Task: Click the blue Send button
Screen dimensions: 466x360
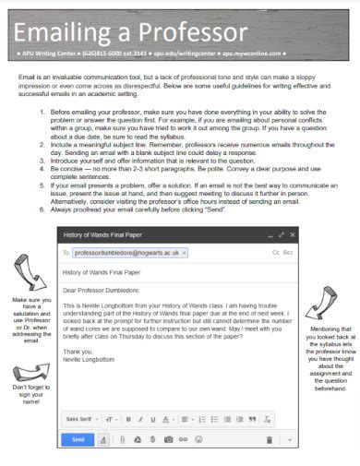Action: pos(78,439)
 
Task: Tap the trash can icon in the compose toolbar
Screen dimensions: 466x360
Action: pos(269,440)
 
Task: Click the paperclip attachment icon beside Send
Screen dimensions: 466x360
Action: pos(121,440)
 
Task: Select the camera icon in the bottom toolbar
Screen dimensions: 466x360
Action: pos(169,440)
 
